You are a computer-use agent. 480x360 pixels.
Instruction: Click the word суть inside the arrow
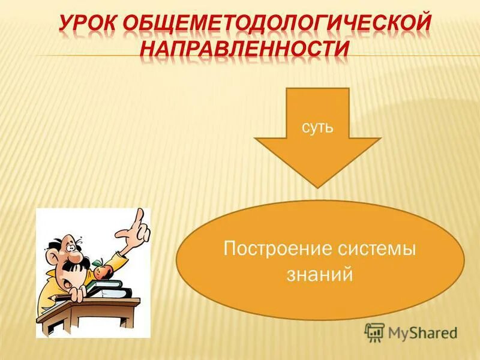coord(317,127)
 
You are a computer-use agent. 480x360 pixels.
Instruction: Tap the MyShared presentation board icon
coord(374,332)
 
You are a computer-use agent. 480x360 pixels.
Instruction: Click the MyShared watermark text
coord(422,332)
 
